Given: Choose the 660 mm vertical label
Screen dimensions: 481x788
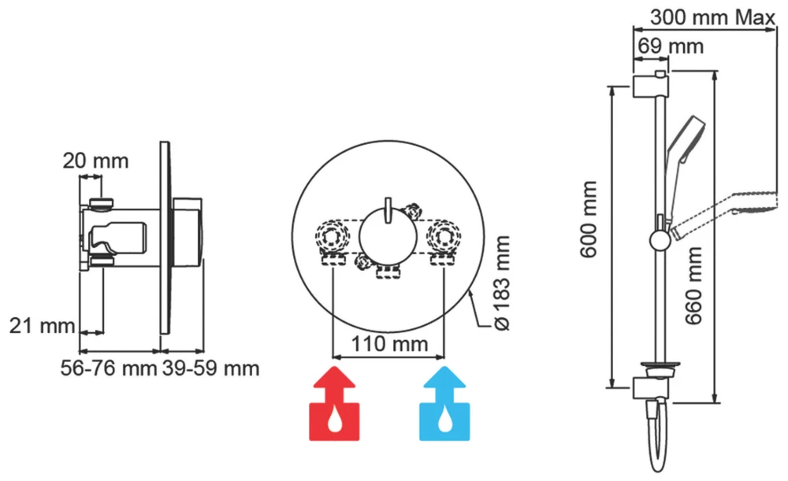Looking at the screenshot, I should pyautogui.click(x=693, y=283).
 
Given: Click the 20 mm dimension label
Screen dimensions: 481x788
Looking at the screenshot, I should pyautogui.click(x=95, y=161).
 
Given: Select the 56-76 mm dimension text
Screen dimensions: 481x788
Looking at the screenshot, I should pyautogui.click(x=108, y=368).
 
